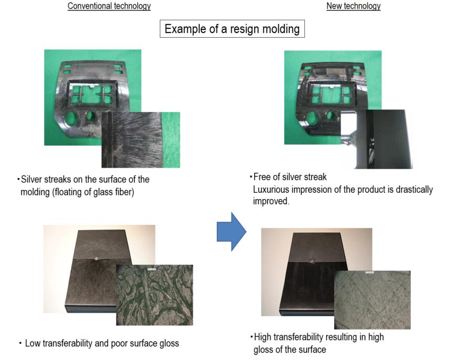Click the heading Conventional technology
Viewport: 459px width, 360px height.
point(109,6)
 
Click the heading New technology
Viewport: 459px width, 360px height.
point(353,6)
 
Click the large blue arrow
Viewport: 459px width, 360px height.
point(232,232)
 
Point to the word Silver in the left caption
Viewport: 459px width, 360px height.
point(31,179)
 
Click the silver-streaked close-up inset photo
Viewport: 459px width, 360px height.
point(141,140)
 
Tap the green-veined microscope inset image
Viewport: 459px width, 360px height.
point(155,295)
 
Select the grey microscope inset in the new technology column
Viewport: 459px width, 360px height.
point(373,300)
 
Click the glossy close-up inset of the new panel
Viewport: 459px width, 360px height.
point(377,139)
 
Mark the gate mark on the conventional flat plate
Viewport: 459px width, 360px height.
point(96,258)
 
